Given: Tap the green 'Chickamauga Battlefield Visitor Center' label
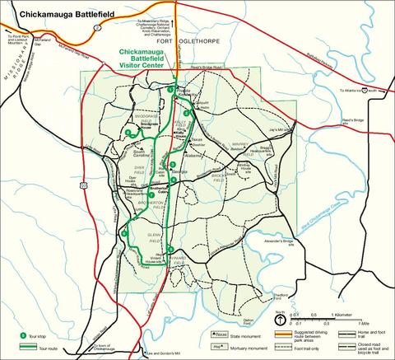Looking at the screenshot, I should pos(144,60).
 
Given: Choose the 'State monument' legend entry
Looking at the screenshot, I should pos(240,334).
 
